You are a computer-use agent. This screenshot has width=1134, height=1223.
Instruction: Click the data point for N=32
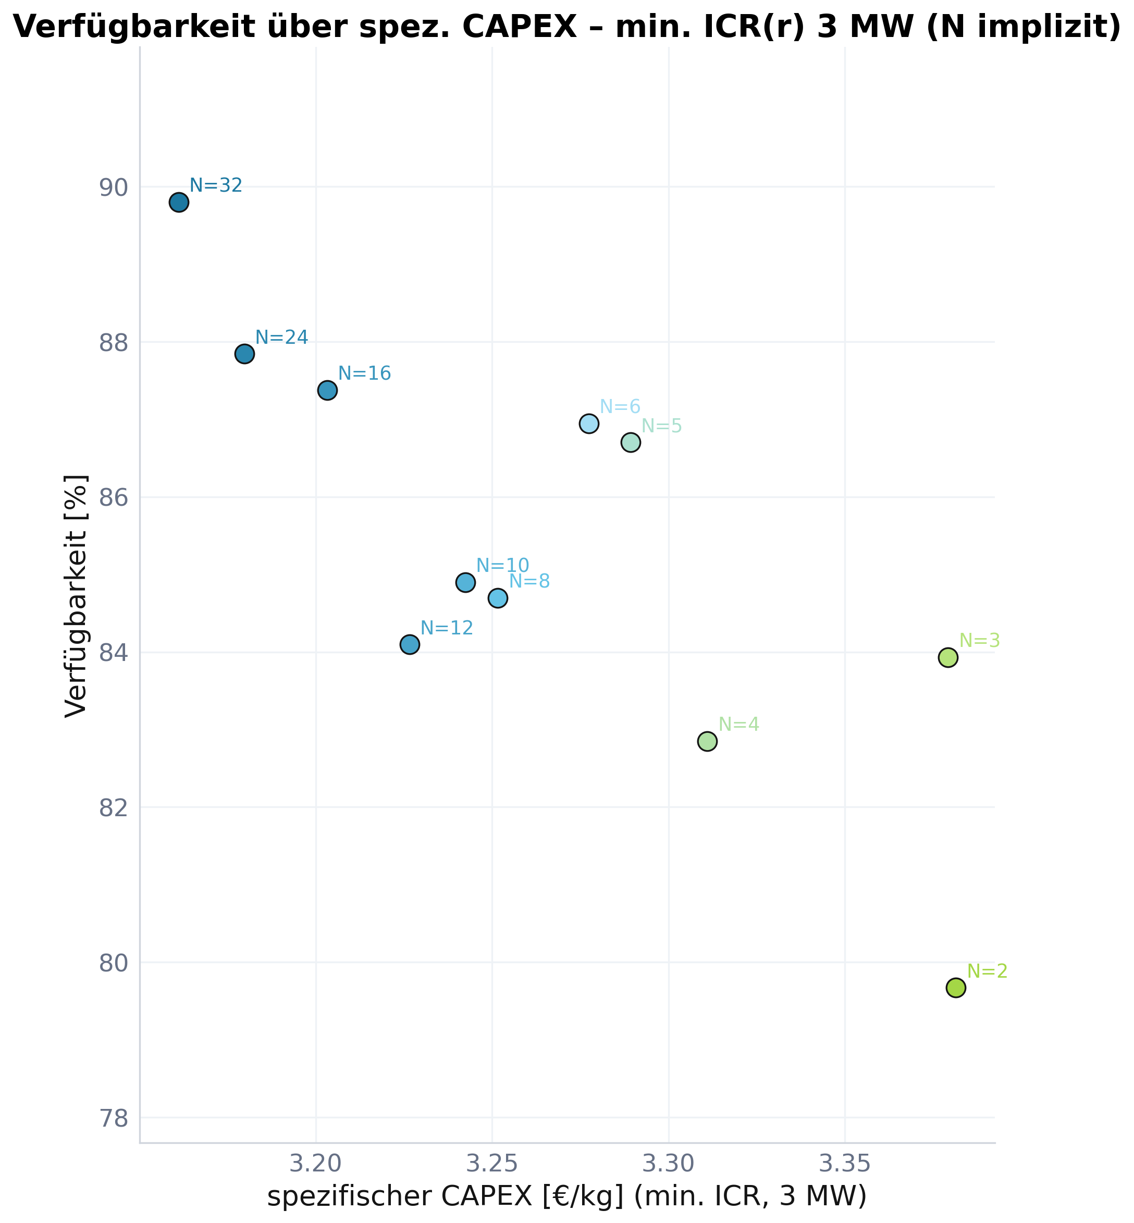coord(179,203)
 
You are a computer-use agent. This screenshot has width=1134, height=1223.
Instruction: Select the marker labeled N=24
coord(244,354)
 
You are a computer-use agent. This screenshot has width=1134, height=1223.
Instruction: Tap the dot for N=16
coord(327,390)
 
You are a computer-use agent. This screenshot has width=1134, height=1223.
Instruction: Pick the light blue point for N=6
coord(588,424)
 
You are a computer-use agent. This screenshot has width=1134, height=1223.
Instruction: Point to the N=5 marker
coord(630,442)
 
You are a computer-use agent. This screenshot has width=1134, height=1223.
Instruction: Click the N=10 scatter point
coord(465,582)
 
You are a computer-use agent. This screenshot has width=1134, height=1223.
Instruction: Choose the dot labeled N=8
coord(498,598)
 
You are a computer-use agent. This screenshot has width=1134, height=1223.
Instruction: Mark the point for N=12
coord(409,645)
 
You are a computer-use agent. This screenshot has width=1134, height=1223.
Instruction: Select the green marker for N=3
coord(947,657)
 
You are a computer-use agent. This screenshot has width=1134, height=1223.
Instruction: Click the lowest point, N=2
coord(955,988)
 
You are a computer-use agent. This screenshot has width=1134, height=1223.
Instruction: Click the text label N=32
coord(216,185)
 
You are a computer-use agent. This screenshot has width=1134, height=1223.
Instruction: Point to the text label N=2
coord(988,971)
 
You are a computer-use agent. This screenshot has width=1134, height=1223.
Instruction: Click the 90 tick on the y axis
coord(114,188)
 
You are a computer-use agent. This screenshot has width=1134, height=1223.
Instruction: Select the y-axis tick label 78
coord(114,1119)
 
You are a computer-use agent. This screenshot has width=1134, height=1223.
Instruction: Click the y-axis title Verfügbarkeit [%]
coord(76,595)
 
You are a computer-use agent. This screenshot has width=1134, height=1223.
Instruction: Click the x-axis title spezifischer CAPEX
coord(566,1196)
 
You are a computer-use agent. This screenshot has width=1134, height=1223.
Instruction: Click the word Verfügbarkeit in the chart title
coord(134,28)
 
